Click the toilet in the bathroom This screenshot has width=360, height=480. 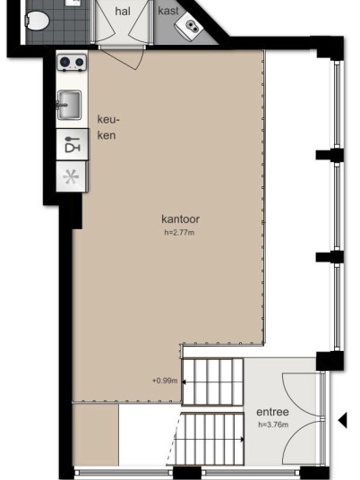tap(38, 21)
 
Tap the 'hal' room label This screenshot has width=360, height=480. tap(123, 12)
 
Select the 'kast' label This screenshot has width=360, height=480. tap(168, 11)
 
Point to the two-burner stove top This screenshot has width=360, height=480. tap(72, 63)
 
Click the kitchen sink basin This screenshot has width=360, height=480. tap(70, 105)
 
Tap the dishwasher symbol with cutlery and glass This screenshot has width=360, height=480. tap(73, 144)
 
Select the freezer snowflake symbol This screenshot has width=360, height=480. tap(71, 177)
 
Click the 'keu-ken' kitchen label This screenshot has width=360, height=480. tap(108, 127)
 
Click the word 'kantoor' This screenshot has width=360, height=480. tap(181, 219)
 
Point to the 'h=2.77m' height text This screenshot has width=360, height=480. tap(179, 233)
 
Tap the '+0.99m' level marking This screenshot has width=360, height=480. tap(165, 381)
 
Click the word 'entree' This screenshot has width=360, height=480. tap(272, 412)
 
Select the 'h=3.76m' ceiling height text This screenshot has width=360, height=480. tap(273, 424)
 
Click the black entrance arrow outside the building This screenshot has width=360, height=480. tap(343, 420)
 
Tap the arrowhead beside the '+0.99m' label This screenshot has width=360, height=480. tap(184, 382)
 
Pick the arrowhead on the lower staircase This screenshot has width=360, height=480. tap(242, 440)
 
